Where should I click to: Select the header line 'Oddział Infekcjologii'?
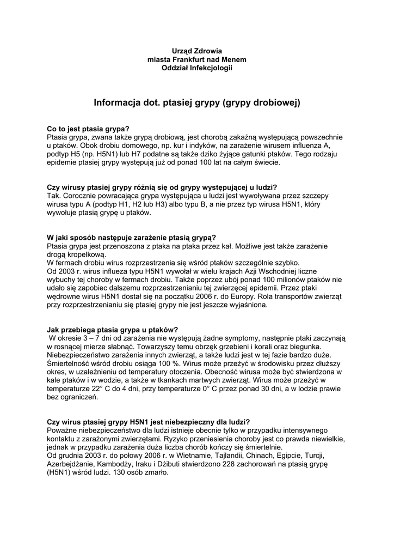[x=196, y=68]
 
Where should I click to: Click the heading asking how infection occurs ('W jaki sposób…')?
[x=131, y=237]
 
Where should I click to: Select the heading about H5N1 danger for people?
[x=149, y=422]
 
